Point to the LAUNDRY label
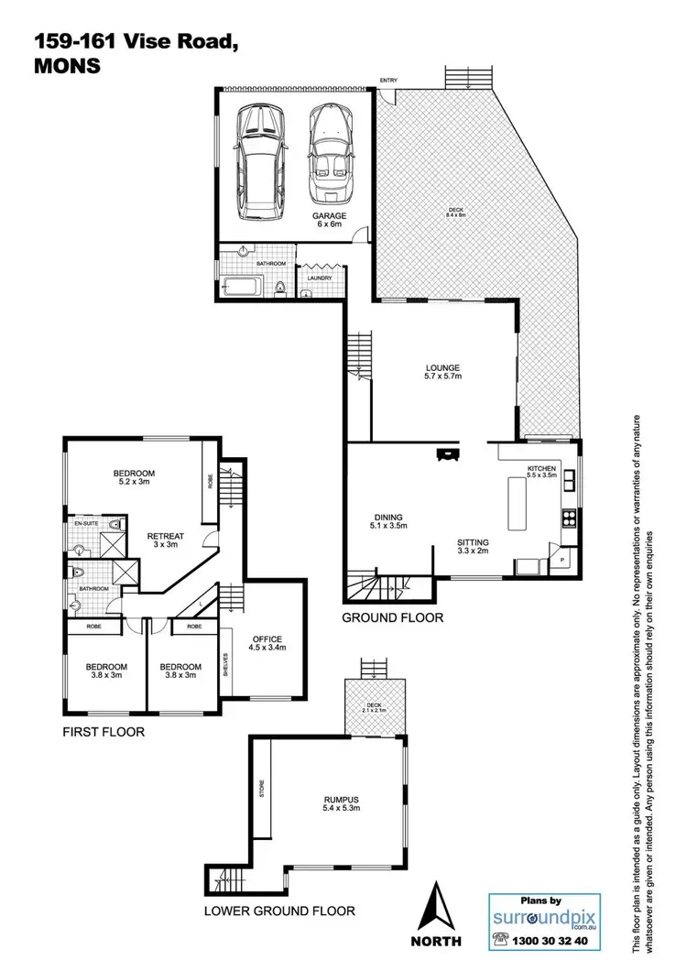[319, 278]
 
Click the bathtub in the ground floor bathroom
[242, 289]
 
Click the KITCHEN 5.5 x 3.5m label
[540, 473]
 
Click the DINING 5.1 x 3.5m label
[388, 521]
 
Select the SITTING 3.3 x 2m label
[474, 547]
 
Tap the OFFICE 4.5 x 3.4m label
[267, 643]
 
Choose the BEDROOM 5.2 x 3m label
[134, 478]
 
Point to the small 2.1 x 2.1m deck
[374, 707]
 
